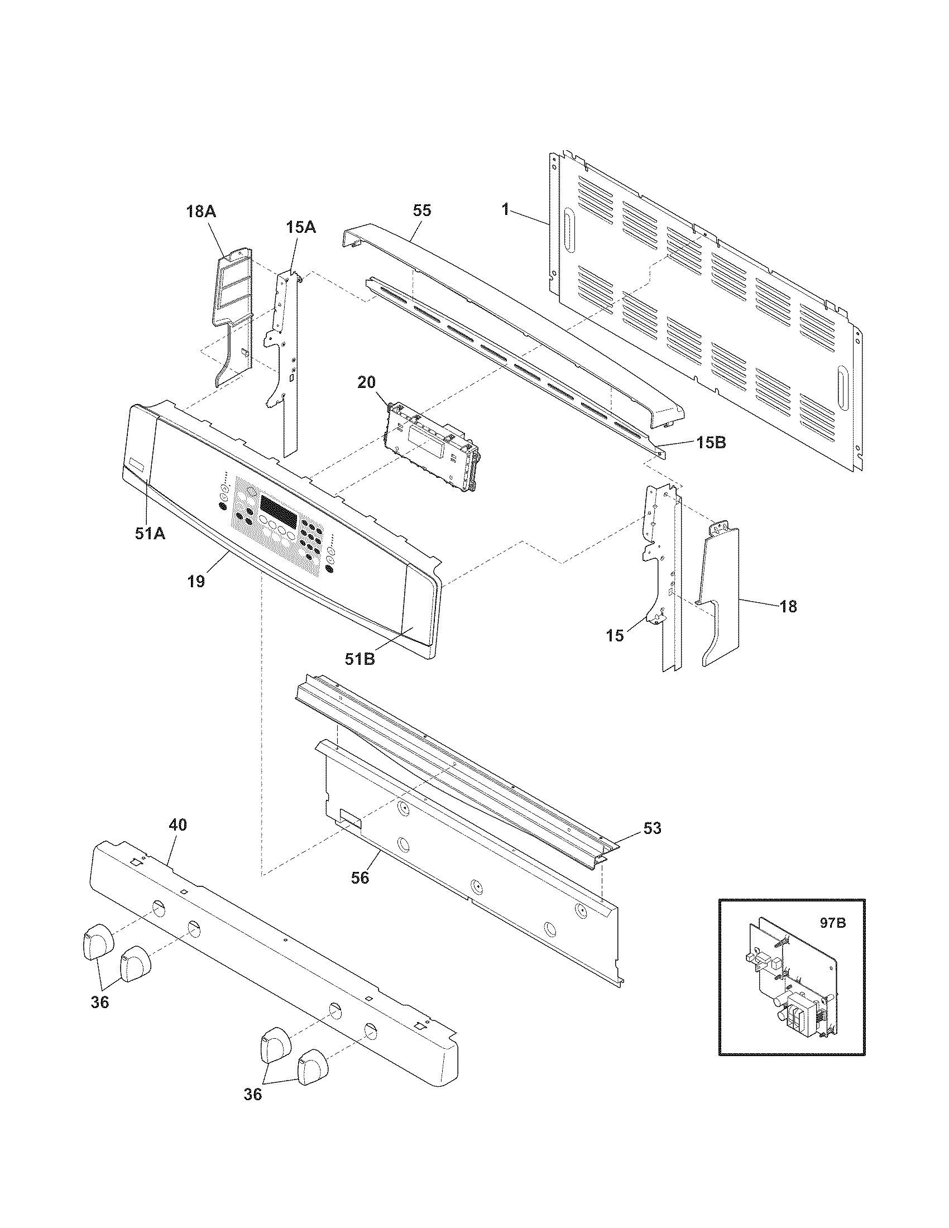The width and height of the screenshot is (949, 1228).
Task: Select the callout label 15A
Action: pos(301,227)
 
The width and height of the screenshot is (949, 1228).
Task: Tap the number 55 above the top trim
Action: pos(421,210)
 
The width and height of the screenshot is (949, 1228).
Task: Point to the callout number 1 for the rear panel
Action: pos(505,210)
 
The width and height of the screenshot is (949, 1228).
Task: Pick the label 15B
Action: pos(711,443)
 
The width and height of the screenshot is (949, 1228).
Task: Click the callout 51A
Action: pos(150,533)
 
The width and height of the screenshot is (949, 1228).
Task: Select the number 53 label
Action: pos(652,828)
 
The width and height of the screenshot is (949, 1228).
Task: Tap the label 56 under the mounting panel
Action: pos(360,877)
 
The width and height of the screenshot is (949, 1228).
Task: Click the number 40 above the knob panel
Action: pos(178,825)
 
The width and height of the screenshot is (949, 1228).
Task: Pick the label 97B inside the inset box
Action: pos(832,923)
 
